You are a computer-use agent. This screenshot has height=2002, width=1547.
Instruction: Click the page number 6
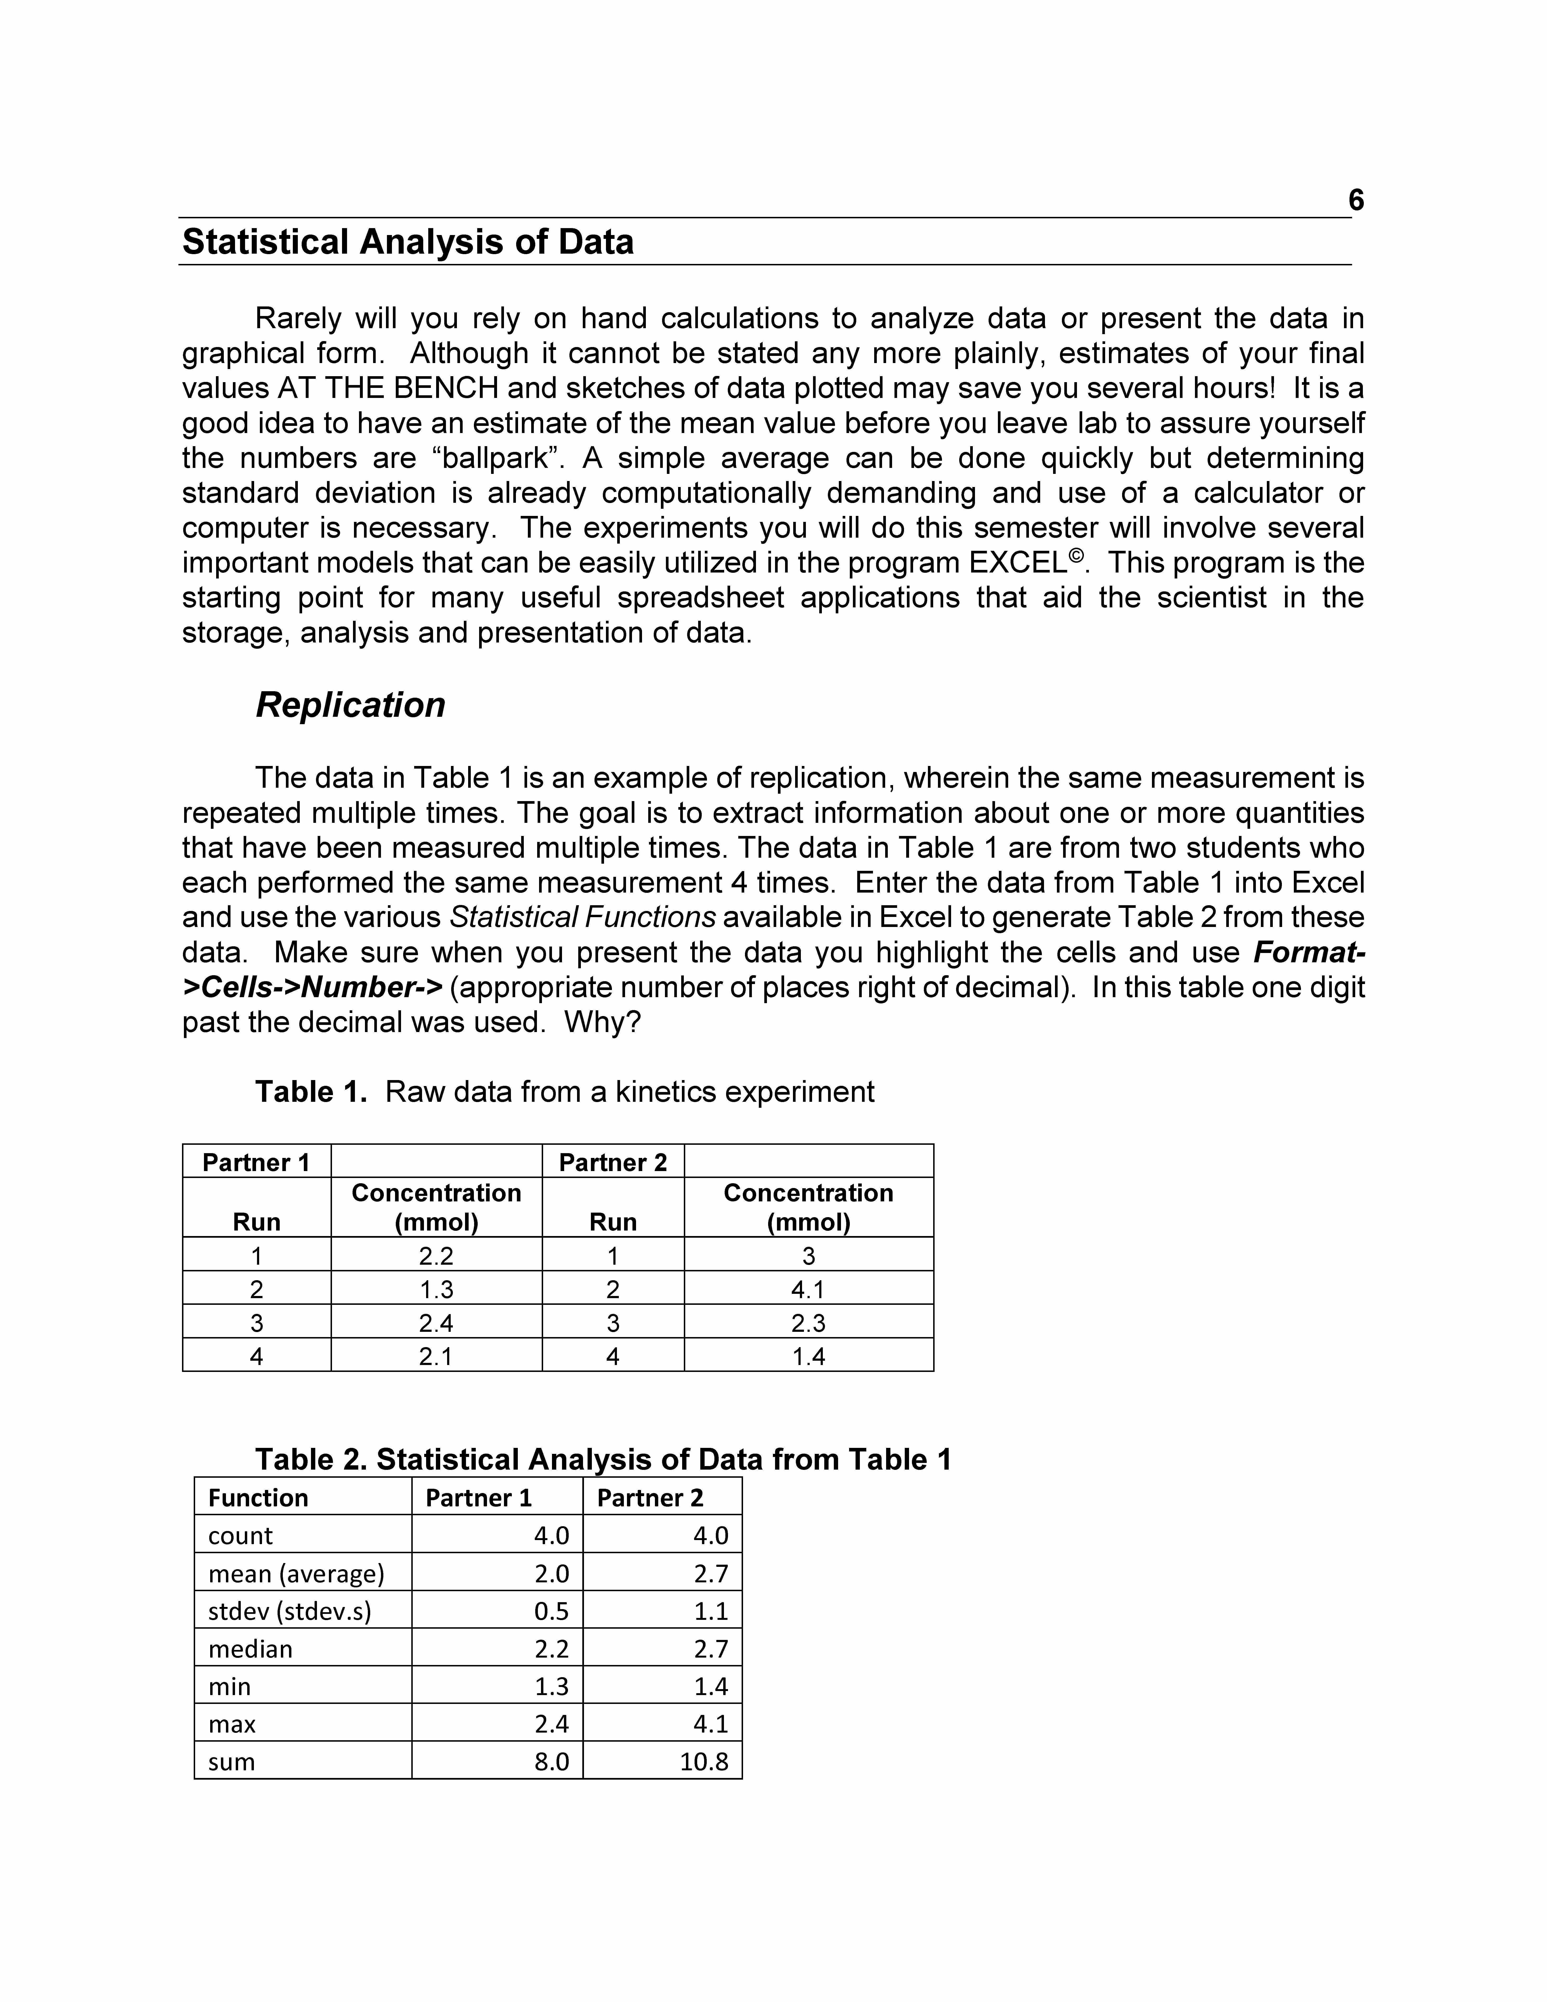pyautogui.click(x=1355, y=200)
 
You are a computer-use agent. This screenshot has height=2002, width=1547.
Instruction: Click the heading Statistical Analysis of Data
pyautogui.click(x=408, y=242)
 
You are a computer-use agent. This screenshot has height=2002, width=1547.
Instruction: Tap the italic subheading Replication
pyautogui.click(x=350, y=705)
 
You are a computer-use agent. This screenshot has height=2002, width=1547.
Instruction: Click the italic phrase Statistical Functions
pyautogui.click(x=583, y=918)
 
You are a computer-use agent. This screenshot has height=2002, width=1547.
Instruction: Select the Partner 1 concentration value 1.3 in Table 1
pyautogui.click(x=436, y=1290)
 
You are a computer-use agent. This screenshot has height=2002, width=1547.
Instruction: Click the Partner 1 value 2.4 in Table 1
pyautogui.click(x=436, y=1323)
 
